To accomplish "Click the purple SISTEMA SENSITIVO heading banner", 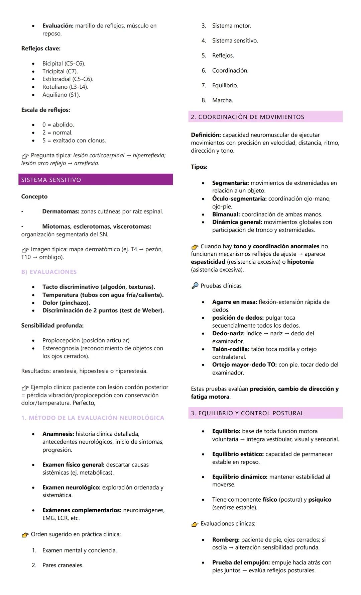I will coord(95,180).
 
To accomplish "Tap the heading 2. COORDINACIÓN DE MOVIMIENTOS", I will coord(247,117).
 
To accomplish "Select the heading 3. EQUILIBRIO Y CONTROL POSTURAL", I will coord(247,413).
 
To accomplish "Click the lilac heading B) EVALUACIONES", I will coord(49,272).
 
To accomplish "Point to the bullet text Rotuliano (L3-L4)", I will coord(65,87).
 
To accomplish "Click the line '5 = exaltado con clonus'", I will coord(74,141).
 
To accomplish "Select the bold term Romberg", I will coord(226,539).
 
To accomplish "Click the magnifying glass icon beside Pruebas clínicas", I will coord(195,286).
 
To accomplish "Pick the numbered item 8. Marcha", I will coord(222,100).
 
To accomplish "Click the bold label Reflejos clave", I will coord(41,49).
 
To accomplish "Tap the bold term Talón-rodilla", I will coord(231,349).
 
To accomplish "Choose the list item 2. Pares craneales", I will coord(63,565).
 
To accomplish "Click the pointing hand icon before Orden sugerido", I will coord(25,534).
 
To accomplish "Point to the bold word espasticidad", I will coord(208,262).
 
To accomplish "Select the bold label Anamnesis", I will coord(58,434).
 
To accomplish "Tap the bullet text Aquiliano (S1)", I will coord(61,95).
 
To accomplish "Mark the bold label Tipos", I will coord(199,167).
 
